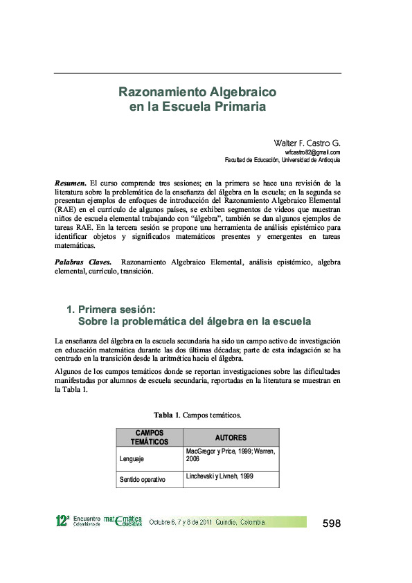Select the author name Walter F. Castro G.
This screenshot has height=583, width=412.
coord(307,143)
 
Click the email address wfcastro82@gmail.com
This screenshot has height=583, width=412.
coord(312,152)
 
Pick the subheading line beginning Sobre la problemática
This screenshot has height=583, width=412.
coord(194,321)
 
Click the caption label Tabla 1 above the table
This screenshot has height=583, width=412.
coord(166,415)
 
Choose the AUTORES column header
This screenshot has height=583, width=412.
coord(231,438)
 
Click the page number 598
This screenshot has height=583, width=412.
coord(332,523)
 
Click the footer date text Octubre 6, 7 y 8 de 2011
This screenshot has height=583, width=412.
coord(181,522)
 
